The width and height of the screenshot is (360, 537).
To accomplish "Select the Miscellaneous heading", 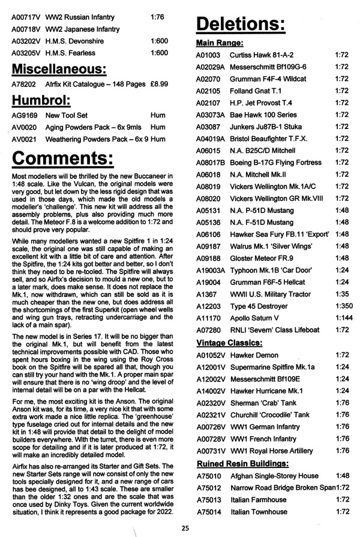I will tap(59, 67).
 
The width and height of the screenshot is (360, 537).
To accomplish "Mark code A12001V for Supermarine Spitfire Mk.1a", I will tap(209, 367).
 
